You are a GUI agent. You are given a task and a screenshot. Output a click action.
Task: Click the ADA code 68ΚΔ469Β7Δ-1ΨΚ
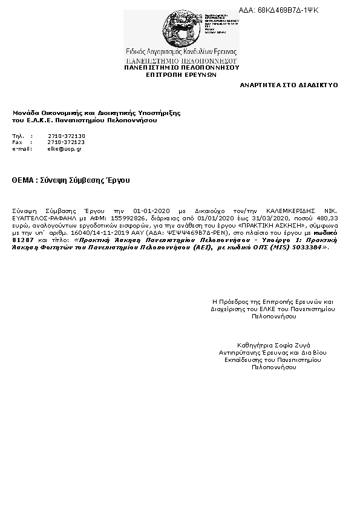pyautogui.click(x=287, y=10)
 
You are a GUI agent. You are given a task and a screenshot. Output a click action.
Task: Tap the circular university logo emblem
pyautogui.click(x=180, y=28)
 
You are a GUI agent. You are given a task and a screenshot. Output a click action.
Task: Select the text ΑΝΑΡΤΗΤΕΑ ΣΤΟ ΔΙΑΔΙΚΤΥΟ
pyautogui.click(x=289, y=85)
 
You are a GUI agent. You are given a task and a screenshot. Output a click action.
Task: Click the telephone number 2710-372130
pyautogui.click(x=67, y=136)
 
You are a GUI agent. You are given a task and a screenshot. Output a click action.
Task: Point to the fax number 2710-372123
pyautogui.click(x=67, y=142)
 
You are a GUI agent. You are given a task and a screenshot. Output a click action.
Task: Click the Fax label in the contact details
pyautogui.click(x=17, y=142)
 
